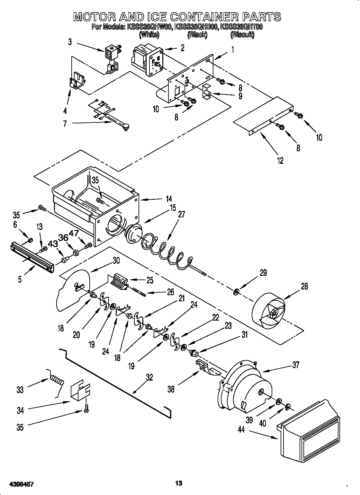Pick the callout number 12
click(280, 161)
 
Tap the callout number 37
click(295, 365)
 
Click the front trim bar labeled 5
click(32, 257)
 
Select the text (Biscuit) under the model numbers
click(242, 35)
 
